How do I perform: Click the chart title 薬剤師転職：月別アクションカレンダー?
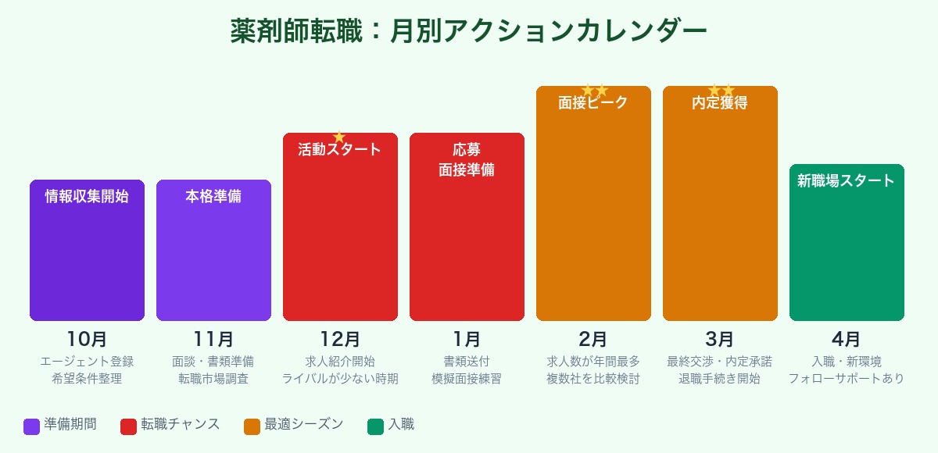[469, 31]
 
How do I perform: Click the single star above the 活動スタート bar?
[339, 137]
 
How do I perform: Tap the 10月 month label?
[87, 340]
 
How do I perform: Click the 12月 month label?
[340, 340]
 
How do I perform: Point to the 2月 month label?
[593, 340]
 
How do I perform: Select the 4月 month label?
[847, 340]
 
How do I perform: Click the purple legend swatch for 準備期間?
[31, 426]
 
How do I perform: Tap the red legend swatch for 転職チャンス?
[128, 426]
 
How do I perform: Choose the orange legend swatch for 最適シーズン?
[252, 426]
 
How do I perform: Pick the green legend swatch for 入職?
[375, 426]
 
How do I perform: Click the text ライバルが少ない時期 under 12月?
[340, 379]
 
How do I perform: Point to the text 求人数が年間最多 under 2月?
[593, 362]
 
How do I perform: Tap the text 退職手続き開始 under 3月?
[720, 379]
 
